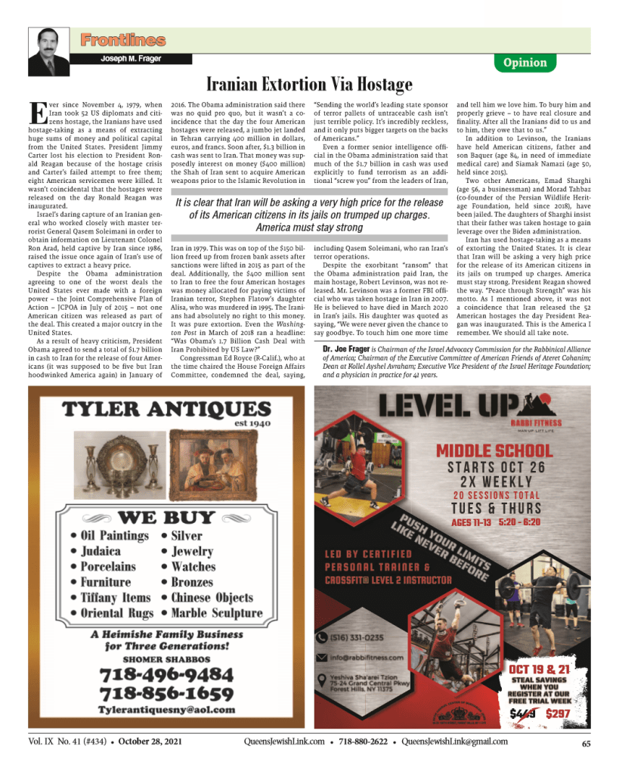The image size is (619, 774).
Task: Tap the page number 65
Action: pos(586,743)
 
